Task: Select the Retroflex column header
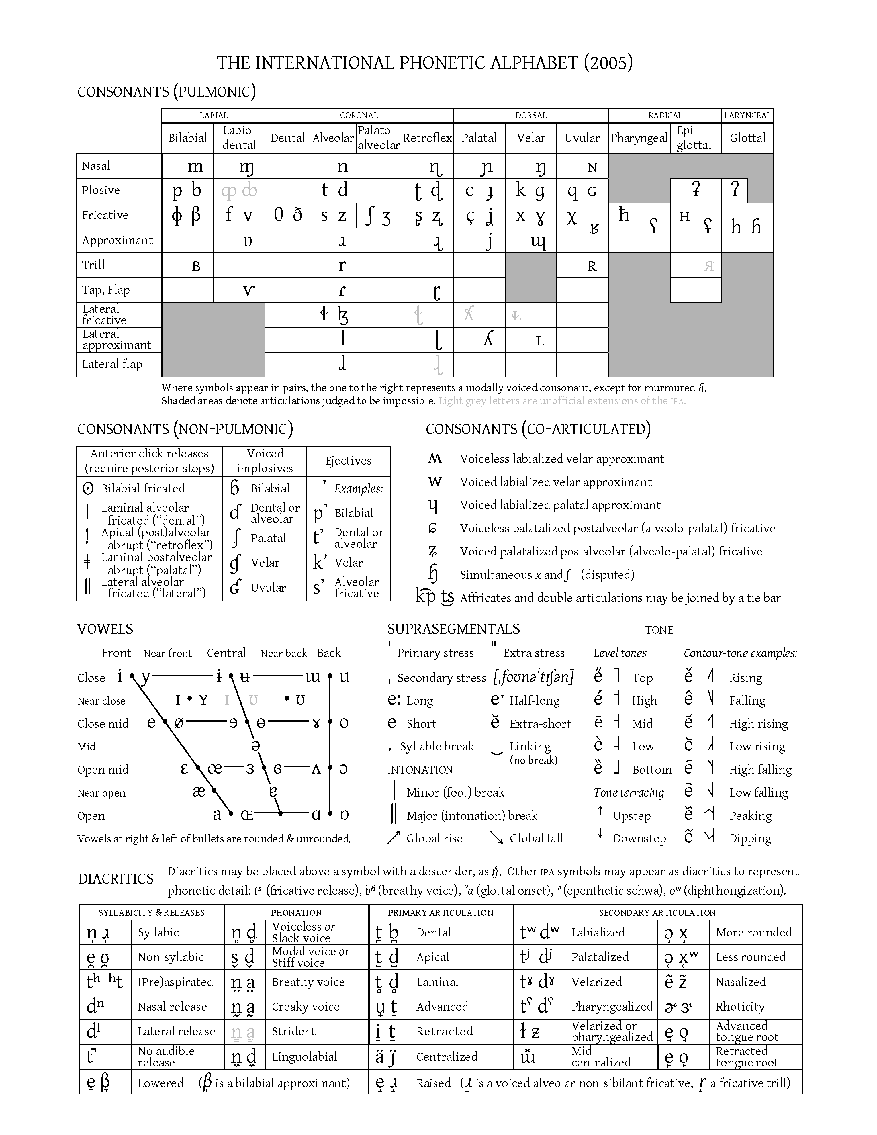point(428,138)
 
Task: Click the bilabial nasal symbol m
point(195,166)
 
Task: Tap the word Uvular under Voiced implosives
point(268,588)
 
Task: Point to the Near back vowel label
point(284,653)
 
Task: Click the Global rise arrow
point(394,838)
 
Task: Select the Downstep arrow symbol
point(600,833)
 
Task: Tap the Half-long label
point(535,700)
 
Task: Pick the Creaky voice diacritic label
point(306,1007)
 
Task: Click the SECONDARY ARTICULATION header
point(657,913)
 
